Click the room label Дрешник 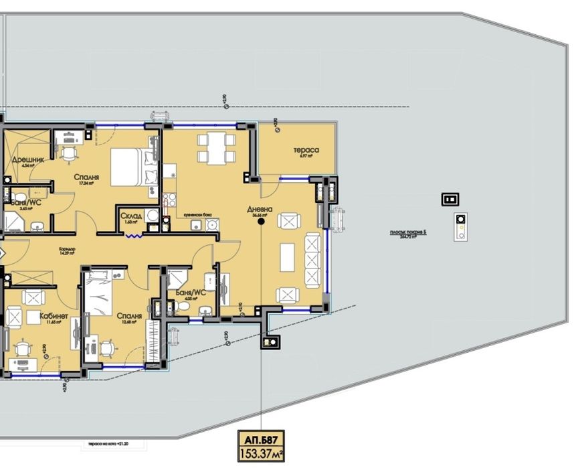[27, 160]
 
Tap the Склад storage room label [130, 216]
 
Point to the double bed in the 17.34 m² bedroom [127, 166]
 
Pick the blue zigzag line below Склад [133, 236]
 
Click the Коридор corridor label [66, 249]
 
